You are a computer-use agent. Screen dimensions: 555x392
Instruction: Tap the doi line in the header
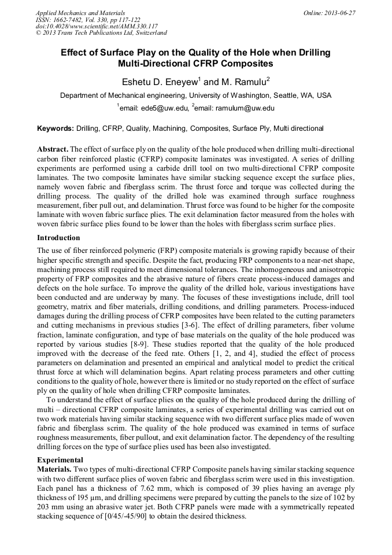tap(96, 27)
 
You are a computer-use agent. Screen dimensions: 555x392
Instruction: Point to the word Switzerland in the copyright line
tap(148, 34)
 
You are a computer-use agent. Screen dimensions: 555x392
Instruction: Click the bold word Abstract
tap(53, 149)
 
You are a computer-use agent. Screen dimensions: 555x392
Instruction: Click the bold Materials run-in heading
tap(54, 468)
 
